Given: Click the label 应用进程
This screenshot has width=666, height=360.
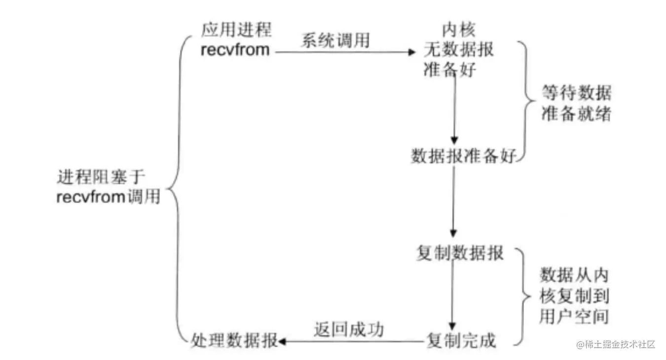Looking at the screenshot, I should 236,30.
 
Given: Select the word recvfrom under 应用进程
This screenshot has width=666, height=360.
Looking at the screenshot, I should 235,50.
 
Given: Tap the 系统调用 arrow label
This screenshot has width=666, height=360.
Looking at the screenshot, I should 335,40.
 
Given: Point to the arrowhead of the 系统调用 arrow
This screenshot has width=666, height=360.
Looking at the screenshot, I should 412,51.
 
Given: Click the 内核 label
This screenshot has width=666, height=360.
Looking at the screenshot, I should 459,30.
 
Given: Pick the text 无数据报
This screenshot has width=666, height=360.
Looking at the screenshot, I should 459,50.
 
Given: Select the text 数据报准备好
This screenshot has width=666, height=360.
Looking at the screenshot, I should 464,156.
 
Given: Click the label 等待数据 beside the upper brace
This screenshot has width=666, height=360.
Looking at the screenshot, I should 576,94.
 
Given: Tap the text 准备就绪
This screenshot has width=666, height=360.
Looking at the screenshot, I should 576,114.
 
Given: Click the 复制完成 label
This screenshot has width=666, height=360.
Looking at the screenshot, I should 461,341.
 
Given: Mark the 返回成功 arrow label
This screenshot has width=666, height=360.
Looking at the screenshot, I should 348,329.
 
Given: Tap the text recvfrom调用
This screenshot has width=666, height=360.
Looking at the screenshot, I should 109,197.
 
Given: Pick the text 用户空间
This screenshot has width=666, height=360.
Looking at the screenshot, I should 574,316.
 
